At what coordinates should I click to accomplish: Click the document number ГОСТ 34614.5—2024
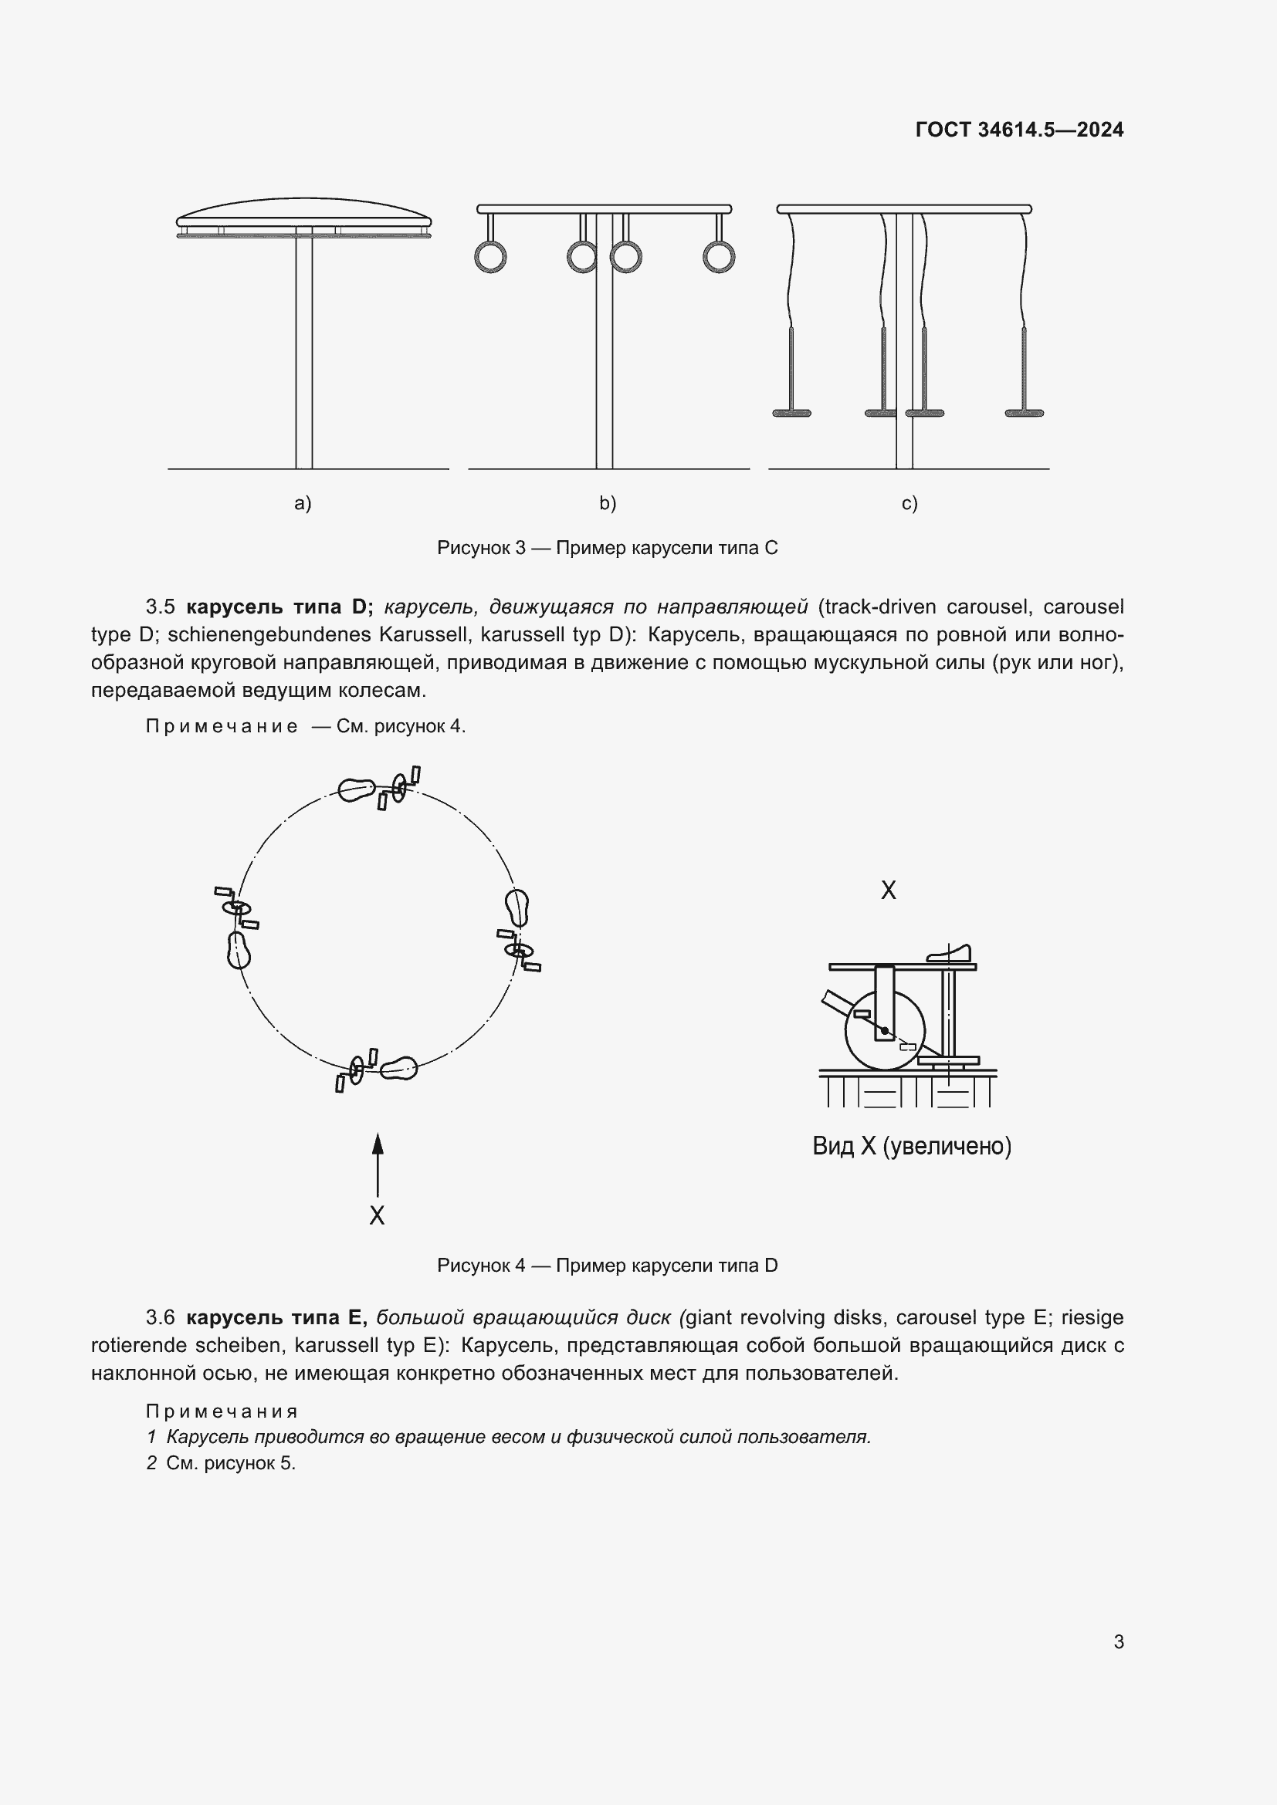click(1019, 130)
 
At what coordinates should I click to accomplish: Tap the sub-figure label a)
click(303, 503)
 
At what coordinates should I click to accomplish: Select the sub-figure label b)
click(607, 503)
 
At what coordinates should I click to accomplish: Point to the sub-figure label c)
click(909, 503)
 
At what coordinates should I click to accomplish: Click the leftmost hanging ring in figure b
click(490, 257)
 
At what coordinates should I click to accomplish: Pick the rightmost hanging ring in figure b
click(719, 257)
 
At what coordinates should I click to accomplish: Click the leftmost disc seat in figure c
click(791, 413)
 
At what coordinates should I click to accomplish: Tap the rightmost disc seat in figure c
click(1024, 413)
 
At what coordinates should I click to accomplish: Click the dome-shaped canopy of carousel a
click(303, 212)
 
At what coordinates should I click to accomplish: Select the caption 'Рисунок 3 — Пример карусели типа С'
click(607, 548)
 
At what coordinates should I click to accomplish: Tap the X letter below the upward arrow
click(378, 1215)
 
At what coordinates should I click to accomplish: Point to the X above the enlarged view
click(888, 890)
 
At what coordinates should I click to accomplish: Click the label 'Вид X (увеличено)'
click(911, 1146)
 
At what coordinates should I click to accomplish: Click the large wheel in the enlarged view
click(885, 1031)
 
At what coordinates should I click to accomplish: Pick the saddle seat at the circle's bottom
click(398, 1068)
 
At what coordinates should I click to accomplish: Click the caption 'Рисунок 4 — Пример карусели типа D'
click(607, 1266)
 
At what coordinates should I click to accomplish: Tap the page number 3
click(1118, 1642)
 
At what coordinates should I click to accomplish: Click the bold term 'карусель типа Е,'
click(276, 1317)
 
